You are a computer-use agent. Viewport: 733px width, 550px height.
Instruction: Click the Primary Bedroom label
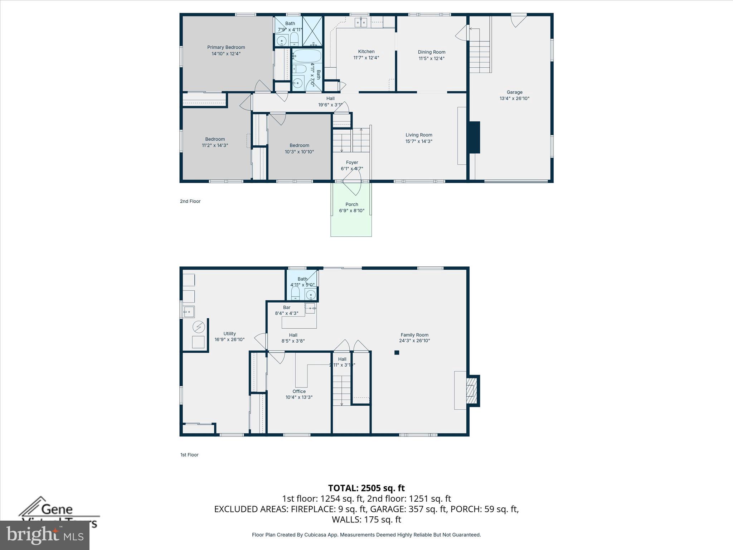(226, 47)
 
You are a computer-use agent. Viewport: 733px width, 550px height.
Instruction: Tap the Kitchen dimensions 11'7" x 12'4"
(366, 58)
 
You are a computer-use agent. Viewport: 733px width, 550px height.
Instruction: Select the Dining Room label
(431, 52)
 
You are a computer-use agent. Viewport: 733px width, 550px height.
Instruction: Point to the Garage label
(514, 92)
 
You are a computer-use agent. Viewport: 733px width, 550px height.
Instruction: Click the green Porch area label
(351, 204)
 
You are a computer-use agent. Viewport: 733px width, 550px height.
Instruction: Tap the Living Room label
(419, 135)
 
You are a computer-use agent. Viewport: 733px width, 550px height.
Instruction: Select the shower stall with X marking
(312, 31)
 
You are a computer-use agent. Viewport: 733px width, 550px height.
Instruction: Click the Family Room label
(414, 335)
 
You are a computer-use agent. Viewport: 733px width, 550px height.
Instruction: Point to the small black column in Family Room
(397, 353)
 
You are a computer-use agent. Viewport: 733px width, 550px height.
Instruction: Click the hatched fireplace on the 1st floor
(473, 391)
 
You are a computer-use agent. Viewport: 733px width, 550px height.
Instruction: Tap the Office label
(299, 391)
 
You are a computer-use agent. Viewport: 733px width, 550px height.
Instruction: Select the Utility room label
(229, 333)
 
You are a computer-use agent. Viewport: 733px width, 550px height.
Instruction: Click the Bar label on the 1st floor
(287, 307)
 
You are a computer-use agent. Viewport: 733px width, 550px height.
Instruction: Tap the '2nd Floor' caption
(190, 201)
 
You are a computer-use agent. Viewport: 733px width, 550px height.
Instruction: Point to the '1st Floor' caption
(189, 455)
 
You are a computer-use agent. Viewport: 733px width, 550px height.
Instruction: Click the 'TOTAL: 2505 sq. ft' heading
(366, 488)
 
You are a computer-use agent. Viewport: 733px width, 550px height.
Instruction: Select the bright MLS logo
(44, 535)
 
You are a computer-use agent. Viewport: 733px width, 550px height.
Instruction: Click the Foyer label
(352, 162)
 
